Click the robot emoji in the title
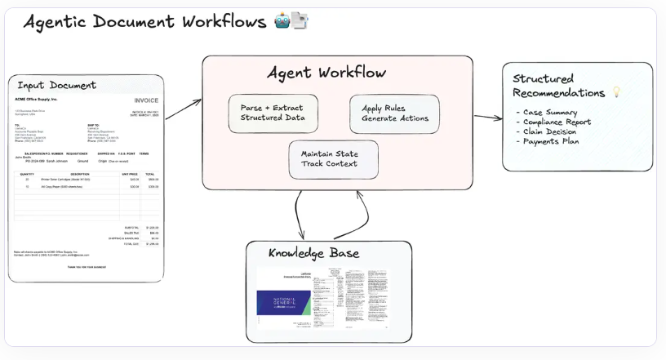[x=282, y=21]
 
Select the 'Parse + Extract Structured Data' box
[x=273, y=113]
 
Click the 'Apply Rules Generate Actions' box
[x=394, y=113]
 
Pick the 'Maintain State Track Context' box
[x=334, y=158]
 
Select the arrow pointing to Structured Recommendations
[x=488, y=117]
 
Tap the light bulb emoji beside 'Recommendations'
[x=616, y=92]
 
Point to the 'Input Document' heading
[x=56, y=85]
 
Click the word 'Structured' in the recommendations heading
[x=544, y=78]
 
